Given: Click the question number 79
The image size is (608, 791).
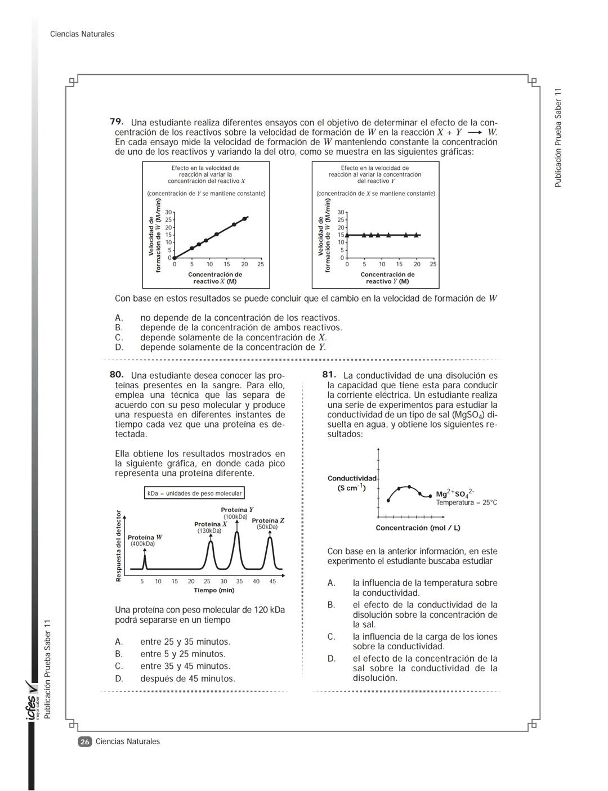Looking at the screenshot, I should (117, 122).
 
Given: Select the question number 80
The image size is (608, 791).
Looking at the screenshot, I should (117, 375).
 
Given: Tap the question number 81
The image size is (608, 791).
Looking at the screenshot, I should (329, 375).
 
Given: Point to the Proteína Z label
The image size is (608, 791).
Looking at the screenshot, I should (267, 520).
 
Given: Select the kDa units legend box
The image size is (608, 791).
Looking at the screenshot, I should (194, 493).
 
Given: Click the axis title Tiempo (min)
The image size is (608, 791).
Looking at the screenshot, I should (214, 590).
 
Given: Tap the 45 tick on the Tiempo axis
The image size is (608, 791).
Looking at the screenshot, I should (272, 581).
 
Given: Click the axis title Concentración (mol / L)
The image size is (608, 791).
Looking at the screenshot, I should (418, 528).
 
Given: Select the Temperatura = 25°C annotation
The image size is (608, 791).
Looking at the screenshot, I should (466, 502).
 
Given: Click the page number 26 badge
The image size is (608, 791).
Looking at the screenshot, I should (84, 741).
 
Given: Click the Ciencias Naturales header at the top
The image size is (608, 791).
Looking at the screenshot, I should (82, 34).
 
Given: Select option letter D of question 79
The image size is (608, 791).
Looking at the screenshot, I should (118, 347).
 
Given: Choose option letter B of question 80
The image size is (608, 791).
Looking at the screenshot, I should (118, 654).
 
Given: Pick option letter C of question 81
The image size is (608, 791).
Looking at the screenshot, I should (332, 636).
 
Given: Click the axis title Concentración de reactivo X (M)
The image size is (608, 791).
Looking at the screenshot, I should (214, 278).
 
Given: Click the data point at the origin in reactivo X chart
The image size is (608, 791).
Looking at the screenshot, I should (174, 258).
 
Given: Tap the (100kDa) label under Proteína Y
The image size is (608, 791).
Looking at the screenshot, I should (235, 516).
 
